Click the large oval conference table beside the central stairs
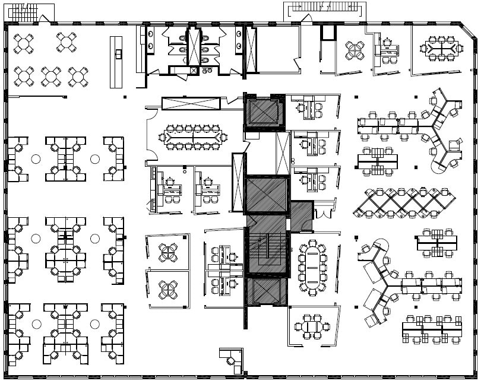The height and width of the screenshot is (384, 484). (x=312, y=268)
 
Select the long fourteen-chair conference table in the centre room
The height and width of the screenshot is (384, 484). (x=193, y=137)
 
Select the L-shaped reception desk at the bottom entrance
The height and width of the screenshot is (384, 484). (x=231, y=359)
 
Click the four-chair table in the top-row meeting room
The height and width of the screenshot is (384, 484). (x=355, y=50)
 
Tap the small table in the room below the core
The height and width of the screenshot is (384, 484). (x=312, y=326)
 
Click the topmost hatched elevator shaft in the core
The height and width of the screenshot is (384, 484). (x=264, y=112)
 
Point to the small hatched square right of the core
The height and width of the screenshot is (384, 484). (x=301, y=217)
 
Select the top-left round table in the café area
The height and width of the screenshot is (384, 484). (x=24, y=43)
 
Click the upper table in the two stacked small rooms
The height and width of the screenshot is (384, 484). (x=168, y=252)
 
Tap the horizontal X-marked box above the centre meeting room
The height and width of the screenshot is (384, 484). (x=191, y=103)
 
